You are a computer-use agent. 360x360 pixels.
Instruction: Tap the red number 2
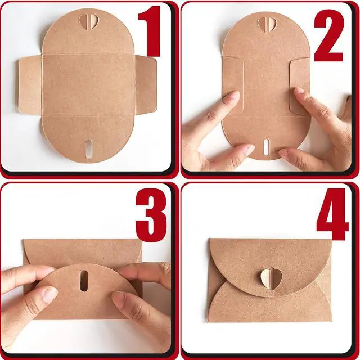tap(328, 35)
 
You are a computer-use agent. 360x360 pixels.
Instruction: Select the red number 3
tap(151, 215)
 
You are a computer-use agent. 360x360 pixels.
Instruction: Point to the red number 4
tap(332, 214)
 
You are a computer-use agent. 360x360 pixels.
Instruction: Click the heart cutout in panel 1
tap(89, 22)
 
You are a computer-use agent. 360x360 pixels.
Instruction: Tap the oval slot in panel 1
tap(88, 148)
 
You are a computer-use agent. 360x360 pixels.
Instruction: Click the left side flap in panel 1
tap(30, 85)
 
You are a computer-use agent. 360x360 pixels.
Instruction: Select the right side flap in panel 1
tap(146, 85)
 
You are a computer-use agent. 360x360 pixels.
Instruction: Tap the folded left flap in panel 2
tap(233, 85)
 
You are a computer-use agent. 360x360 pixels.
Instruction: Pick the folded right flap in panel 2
tap(300, 87)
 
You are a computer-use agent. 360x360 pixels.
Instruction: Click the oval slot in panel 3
tap(84, 281)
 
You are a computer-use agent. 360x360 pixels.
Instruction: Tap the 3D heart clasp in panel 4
tap(271, 278)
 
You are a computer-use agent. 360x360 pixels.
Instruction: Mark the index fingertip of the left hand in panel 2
tap(235, 94)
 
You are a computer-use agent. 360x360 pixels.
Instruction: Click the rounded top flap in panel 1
tap(88, 32)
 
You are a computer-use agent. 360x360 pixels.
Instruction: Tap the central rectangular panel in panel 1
tap(88, 85)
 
